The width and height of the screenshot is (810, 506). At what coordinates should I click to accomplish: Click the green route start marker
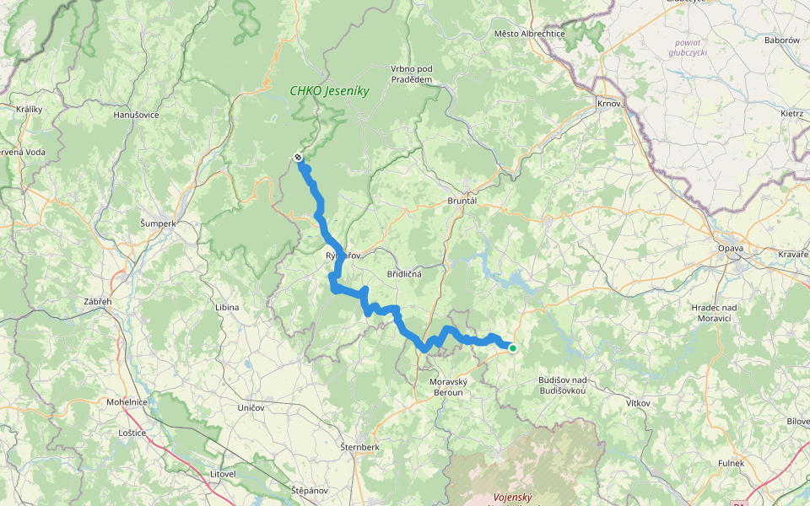click(512, 347)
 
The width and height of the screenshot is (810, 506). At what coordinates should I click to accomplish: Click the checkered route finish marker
click(298, 157)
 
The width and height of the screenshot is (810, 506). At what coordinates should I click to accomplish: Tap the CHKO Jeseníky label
click(330, 91)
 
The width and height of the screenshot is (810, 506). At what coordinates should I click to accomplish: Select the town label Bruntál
click(462, 202)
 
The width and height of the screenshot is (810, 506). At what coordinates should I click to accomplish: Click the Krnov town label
click(608, 104)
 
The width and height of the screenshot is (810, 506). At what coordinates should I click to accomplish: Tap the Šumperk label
click(158, 223)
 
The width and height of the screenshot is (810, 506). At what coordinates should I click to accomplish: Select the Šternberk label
click(361, 445)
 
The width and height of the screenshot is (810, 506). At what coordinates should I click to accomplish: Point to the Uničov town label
click(251, 407)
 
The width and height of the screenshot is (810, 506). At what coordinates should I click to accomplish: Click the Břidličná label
click(404, 274)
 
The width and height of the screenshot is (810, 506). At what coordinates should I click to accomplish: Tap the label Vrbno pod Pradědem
click(412, 73)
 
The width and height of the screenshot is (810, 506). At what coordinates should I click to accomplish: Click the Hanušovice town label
click(136, 115)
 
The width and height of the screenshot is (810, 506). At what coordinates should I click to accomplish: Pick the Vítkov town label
click(638, 403)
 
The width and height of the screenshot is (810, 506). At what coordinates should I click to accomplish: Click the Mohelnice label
click(127, 402)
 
